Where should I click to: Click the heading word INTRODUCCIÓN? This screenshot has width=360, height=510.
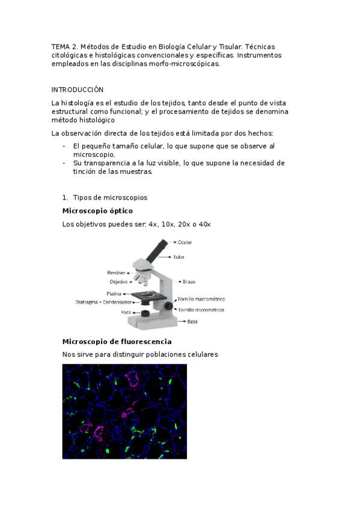point(77,89)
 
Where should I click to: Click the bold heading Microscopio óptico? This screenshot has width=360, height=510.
point(97,210)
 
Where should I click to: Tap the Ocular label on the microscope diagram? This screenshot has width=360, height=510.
point(185,242)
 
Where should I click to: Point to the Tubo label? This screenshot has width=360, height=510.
point(179,257)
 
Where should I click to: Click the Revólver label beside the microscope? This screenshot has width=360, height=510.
point(117,272)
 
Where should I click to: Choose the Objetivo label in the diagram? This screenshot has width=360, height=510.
point(118,281)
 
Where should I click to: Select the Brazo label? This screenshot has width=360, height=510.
point(189,281)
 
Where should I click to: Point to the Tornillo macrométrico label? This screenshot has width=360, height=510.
point(201,299)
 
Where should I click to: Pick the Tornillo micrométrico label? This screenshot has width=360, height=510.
point(201,310)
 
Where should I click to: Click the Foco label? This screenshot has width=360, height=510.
point(126,313)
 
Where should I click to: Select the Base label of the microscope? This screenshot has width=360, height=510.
point(192,322)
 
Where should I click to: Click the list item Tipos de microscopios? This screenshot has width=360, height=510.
point(110,197)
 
